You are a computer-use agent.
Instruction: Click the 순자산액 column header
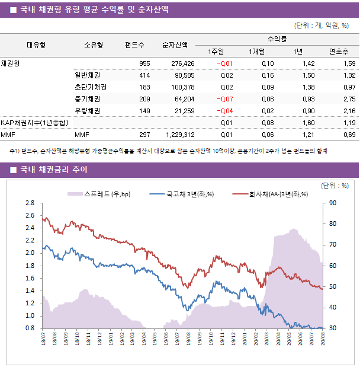175,44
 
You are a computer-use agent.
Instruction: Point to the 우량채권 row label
87,111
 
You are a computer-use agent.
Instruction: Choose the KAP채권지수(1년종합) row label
34,123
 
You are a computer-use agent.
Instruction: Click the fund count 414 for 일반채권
144,75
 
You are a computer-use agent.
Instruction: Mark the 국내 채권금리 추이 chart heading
54,170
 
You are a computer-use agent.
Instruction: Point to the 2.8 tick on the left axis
30,203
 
